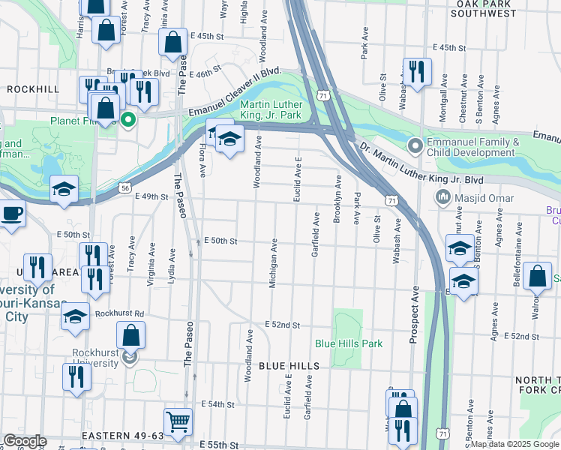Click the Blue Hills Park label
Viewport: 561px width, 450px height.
point(349,343)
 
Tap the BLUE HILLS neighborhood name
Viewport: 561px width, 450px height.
point(289,366)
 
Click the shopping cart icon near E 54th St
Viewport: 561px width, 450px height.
point(178,421)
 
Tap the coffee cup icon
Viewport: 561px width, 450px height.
point(11,214)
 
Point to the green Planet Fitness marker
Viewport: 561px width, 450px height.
point(128,118)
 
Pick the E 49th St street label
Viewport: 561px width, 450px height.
point(151,196)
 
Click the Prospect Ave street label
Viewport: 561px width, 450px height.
point(413,316)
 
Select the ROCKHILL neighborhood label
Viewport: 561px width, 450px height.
point(33,88)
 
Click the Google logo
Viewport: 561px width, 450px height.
point(25,441)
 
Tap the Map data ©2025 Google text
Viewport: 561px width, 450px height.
point(514,444)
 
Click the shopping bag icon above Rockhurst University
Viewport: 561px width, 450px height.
point(131,335)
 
